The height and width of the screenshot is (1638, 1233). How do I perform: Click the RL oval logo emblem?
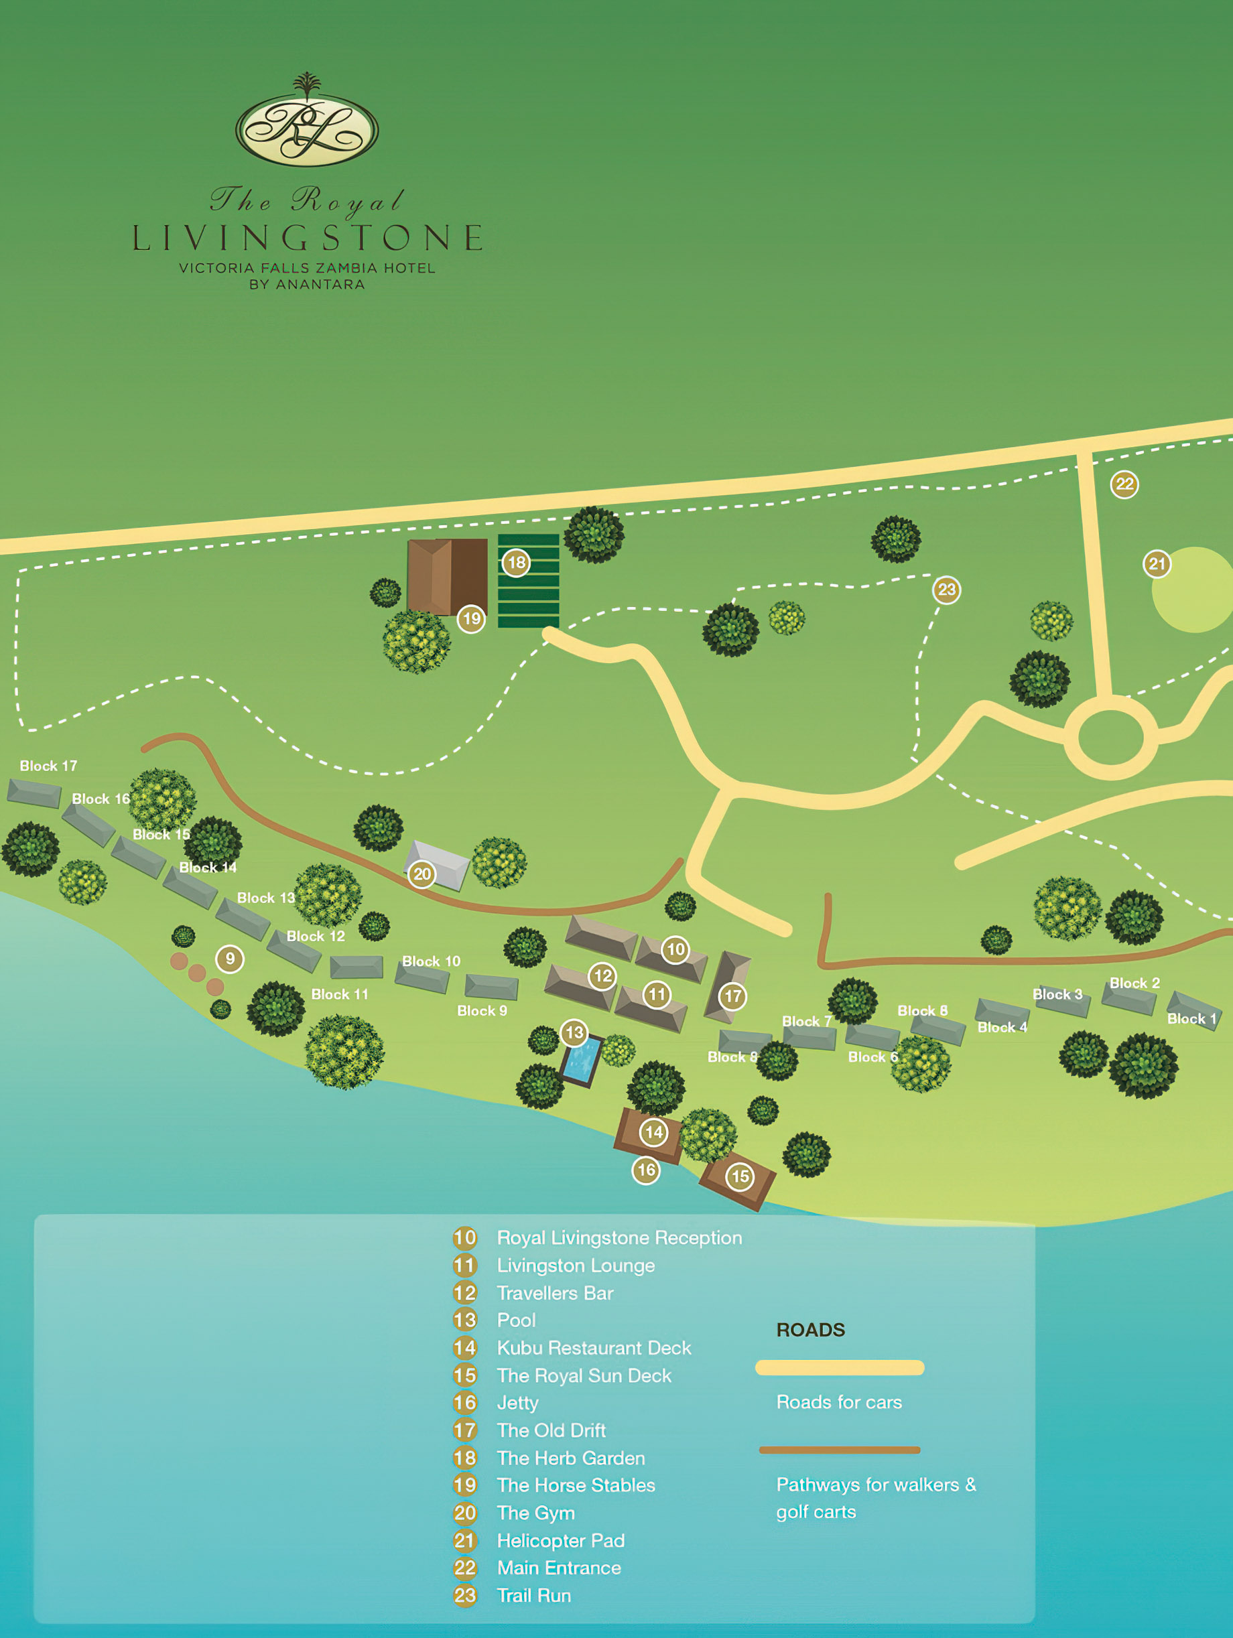307,129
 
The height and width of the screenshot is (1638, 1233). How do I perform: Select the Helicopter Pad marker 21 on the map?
1156,563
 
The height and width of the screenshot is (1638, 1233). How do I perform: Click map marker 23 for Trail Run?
946,590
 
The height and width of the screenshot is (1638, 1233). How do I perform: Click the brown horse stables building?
446,576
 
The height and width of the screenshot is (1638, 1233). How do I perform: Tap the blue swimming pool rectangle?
582,1060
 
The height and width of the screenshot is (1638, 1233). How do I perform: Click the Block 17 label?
48,766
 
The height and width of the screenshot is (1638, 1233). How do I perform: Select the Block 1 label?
1191,1018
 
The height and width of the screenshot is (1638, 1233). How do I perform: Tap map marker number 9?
230,959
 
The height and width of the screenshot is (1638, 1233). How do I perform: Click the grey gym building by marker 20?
439,862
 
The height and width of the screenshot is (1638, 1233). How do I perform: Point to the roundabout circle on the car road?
1110,738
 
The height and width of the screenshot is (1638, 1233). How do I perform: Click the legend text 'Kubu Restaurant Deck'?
593,1348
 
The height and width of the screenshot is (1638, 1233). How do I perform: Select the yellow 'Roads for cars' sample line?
839,1368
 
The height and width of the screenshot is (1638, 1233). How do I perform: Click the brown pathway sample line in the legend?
839,1450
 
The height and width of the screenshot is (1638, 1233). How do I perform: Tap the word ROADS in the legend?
810,1330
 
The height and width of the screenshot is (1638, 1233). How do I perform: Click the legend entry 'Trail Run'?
533,1596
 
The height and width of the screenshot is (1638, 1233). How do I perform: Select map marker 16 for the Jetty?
646,1170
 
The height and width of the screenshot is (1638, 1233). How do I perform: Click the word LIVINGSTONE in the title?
307,238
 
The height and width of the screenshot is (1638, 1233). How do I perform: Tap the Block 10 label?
431,961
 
